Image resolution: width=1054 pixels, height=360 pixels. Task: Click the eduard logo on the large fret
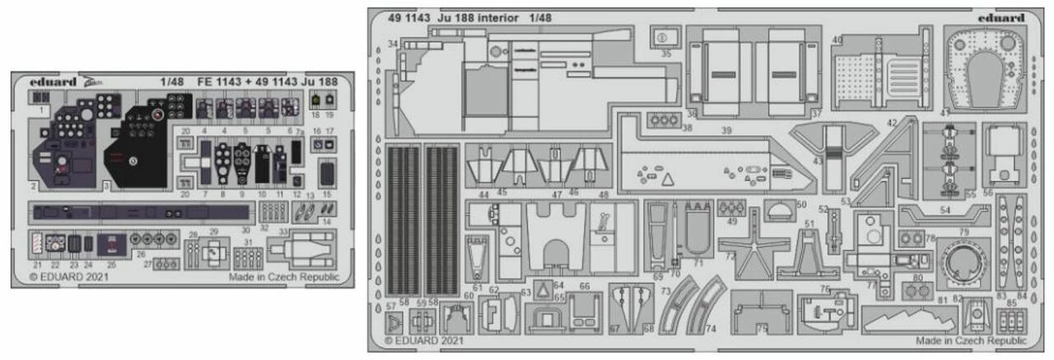tap(1000, 17)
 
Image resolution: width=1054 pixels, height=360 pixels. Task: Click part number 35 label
tap(666, 54)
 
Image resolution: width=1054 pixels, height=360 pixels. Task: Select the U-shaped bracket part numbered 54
tap(942, 217)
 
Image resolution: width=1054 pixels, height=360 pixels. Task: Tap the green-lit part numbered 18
tap(316, 101)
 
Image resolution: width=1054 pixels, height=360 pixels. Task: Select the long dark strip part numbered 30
tap(140, 213)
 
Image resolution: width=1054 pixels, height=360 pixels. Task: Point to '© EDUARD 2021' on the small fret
tap(63, 277)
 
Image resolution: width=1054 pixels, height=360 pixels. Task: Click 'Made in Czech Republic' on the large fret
tap(971, 340)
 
